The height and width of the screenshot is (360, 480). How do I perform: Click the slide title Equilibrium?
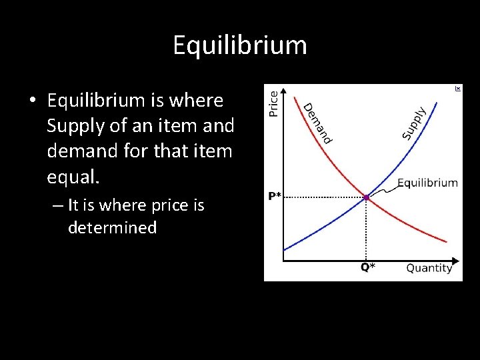click(240, 45)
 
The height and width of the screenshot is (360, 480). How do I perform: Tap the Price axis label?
click(273, 103)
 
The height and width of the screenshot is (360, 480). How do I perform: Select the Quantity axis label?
click(429, 268)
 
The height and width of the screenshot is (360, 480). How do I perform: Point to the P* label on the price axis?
click(275, 196)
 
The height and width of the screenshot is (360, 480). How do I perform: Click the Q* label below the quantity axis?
click(367, 267)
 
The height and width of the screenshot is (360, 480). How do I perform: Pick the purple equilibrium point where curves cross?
click(366, 197)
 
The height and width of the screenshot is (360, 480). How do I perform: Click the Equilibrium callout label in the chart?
click(427, 183)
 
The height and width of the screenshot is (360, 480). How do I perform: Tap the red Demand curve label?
click(317, 123)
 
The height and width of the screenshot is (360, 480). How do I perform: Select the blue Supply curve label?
click(414, 123)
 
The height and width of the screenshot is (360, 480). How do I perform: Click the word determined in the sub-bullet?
click(112, 227)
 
